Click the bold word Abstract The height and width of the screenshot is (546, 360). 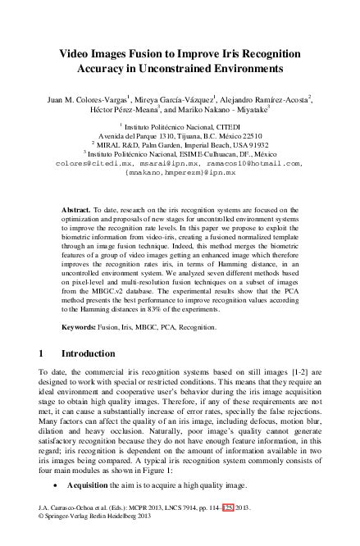(76, 211)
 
